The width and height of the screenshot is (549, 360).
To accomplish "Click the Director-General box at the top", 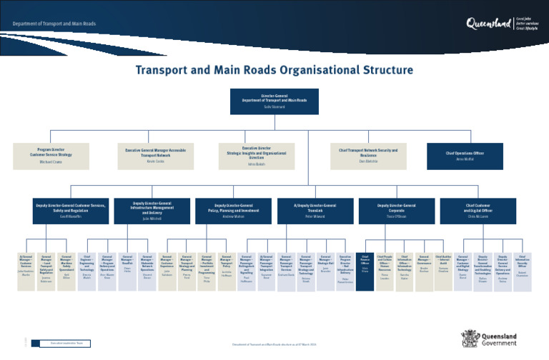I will click(274, 101).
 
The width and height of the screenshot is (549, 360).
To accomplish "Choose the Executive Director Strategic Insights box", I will click(256, 156).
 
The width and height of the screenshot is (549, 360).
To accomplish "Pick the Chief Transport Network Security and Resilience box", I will click(363, 156).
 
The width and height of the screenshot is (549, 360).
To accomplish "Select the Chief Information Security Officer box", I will click(523, 269).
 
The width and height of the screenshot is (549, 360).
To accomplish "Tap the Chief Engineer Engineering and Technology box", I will click(87, 269).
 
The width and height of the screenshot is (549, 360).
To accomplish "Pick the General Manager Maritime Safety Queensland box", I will click(66, 269).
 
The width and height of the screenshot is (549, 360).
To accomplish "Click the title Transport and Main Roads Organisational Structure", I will click(274, 70).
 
